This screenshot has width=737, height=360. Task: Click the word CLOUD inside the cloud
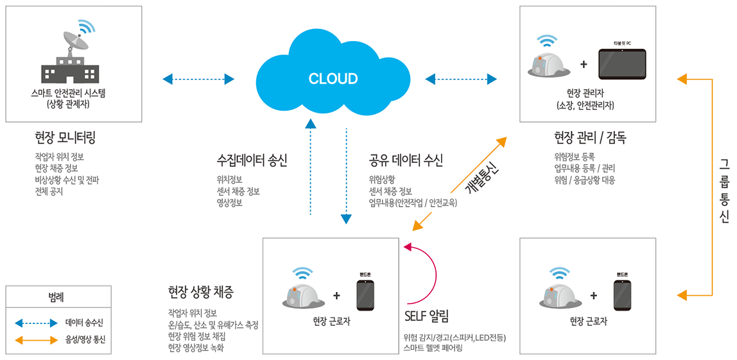(x=333, y=79)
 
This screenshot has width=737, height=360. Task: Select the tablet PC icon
(x=622, y=64)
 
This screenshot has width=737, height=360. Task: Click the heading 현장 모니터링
(x=65, y=137)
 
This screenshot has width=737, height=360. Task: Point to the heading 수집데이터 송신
(x=252, y=160)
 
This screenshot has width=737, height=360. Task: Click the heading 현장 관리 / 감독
(x=590, y=137)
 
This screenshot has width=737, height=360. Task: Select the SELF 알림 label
(x=426, y=316)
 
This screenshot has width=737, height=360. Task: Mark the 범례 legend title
(x=56, y=297)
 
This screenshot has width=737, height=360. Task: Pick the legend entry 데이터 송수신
(x=84, y=322)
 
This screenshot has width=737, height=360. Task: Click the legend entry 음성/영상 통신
(x=84, y=340)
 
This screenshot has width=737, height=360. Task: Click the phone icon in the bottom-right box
(x=622, y=295)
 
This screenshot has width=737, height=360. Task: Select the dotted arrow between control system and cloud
(x=198, y=80)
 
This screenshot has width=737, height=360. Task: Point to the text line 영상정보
(x=230, y=203)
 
